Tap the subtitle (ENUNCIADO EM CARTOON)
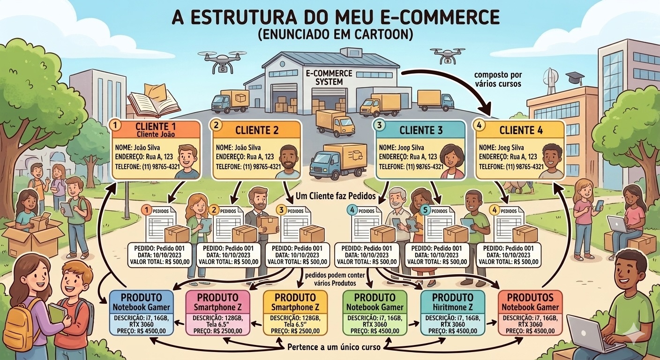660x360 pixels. tap(335, 36)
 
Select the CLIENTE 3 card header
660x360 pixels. tap(421, 130)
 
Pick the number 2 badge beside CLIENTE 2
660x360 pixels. tap(216, 126)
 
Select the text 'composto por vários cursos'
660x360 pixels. tap(498, 80)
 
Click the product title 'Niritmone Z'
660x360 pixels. tap(452, 307)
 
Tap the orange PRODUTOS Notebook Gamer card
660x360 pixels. tap(530, 313)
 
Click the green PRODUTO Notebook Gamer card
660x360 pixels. tap(375, 313)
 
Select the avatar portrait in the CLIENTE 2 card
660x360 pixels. tap(287, 161)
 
